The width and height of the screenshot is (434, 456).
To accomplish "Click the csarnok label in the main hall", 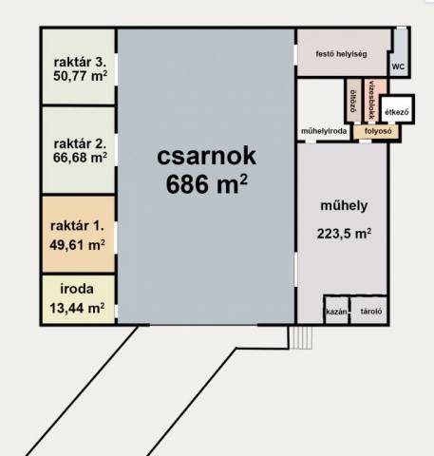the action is tap(206, 156).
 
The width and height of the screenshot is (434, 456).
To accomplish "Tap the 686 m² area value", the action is tap(206, 184).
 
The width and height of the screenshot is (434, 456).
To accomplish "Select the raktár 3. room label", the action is tap(80, 62).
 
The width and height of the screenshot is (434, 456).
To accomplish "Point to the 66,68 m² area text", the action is tap(80, 158).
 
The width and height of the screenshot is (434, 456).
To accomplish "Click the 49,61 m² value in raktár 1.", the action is tap(77, 245).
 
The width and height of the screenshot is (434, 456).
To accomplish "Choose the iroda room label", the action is tap(77, 289).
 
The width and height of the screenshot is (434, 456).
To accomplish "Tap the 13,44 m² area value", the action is tap(77, 308).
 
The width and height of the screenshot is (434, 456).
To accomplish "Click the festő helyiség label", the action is tap(341, 54).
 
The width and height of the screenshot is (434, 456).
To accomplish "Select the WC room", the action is tap(398, 52).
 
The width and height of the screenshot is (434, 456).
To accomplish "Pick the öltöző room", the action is tap(353, 101).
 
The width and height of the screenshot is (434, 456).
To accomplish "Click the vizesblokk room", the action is tap(375, 101).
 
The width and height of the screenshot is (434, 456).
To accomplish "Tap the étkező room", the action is tap(397, 109).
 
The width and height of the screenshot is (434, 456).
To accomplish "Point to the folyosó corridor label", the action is tap(378, 131).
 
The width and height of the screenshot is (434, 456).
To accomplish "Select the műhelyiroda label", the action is tap(324, 131).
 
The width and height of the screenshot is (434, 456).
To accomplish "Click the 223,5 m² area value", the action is tap(344, 234).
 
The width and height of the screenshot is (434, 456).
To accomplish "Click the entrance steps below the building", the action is tap(302, 337).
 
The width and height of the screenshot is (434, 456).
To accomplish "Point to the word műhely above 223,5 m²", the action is tap(344, 205).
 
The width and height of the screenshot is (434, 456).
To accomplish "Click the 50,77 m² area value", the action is tap(80, 76).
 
